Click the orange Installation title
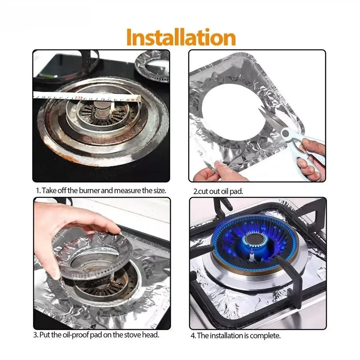181,38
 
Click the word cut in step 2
202,192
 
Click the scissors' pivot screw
286,132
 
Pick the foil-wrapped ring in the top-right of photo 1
152,68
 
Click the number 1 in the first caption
38,191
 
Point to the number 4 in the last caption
193,336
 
